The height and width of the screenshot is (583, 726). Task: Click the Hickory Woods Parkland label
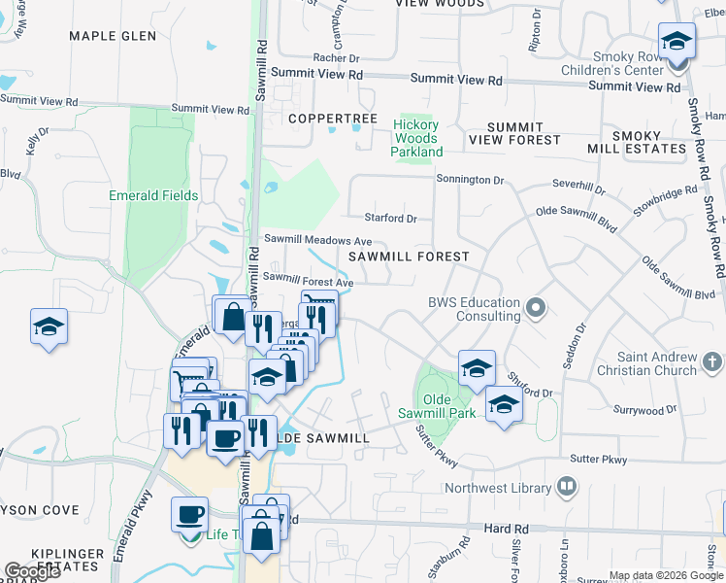[416, 138]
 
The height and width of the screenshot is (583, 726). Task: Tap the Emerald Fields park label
[153, 195]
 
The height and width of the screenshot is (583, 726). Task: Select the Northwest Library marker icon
[568, 487]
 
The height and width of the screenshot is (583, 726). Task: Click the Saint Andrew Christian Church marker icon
[712, 362]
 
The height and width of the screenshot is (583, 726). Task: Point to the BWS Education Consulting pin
[535, 310]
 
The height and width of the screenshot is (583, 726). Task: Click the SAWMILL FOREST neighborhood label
[409, 257]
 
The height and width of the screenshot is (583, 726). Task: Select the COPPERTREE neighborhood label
[333, 119]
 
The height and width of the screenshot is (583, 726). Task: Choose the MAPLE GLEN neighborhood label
[113, 36]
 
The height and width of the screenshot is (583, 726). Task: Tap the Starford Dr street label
[390, 219]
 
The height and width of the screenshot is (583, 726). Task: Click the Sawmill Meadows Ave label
[318, 240]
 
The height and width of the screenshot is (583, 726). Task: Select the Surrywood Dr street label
[651, 411]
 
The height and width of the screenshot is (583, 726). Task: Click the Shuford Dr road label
[533, 393]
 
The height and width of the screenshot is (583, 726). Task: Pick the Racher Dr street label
[337, 58]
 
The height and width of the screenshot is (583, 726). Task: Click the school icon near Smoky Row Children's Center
[676, 42]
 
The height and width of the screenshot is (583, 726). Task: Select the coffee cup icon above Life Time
[189, 514]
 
